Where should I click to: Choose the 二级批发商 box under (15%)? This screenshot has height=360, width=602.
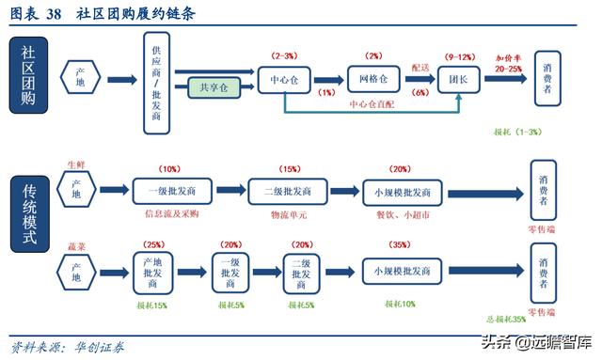pyautogui.click(x=288, y=193)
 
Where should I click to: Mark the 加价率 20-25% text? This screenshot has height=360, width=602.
pyautogui.click(x=508, y=63)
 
